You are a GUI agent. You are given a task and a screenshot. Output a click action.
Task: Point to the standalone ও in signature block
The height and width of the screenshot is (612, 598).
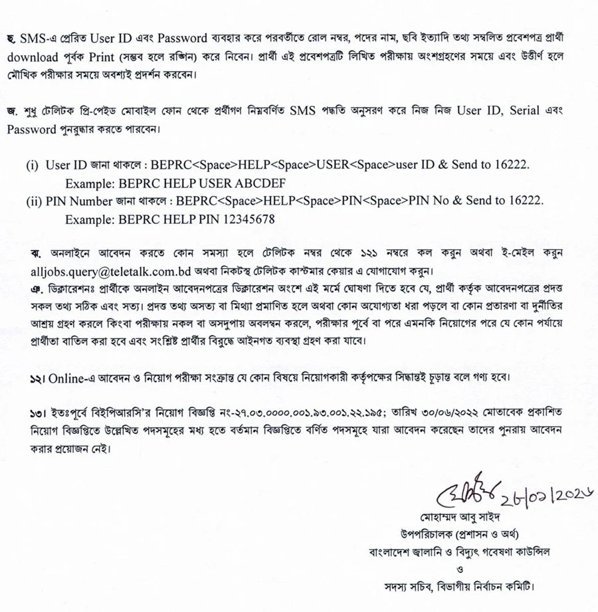(459, 569)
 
